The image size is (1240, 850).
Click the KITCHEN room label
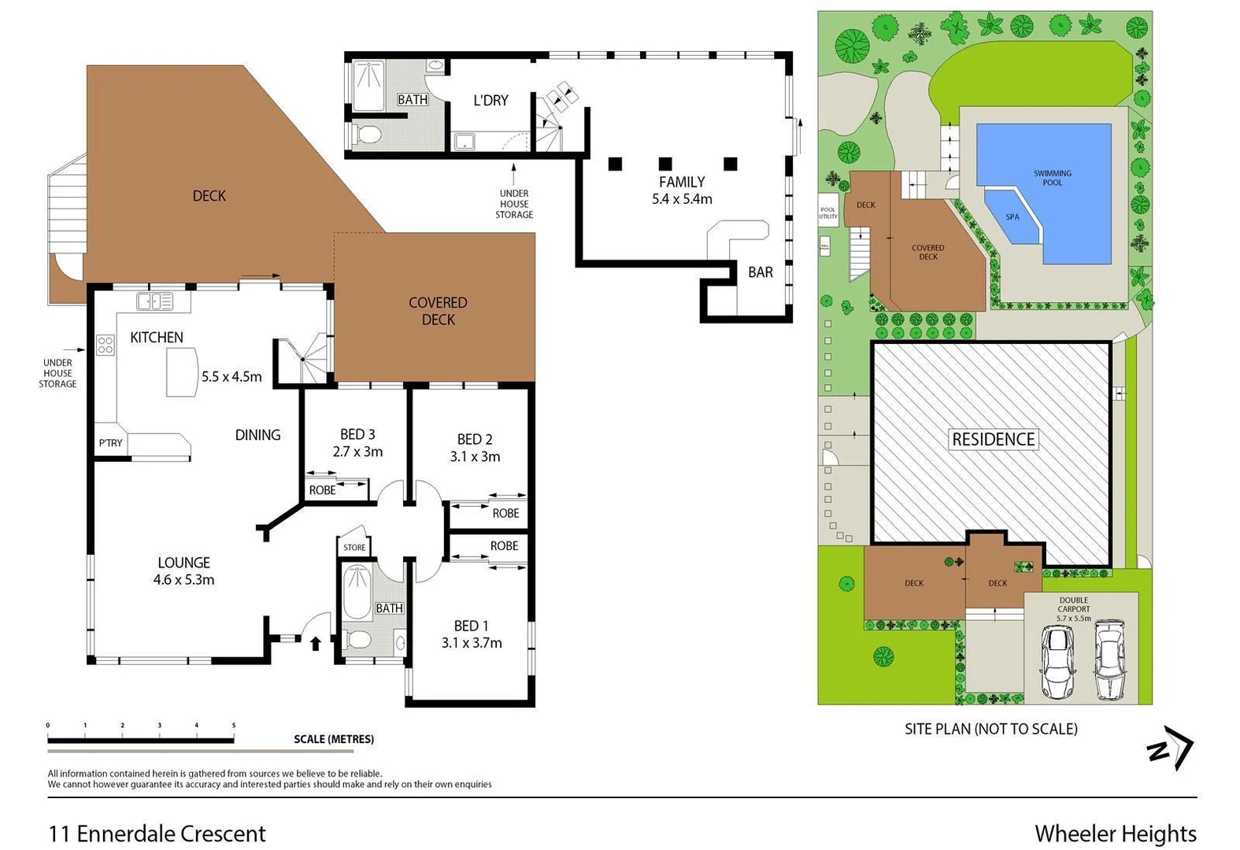point(156,338)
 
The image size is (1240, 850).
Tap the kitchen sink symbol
point(155,301)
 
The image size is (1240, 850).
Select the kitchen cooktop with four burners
point(105,345)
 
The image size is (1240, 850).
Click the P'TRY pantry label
point(110,443)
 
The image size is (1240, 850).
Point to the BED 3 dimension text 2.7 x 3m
point(357,452)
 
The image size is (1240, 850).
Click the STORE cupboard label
point(354,547)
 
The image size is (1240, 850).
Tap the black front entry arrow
point(315,643)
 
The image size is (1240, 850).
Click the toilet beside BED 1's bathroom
point(358,641)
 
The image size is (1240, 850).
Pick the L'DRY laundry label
point(490,101)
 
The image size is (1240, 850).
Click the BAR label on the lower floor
point(760,272)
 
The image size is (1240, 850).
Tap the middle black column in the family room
point(665,164)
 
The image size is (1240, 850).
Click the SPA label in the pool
point(1012,217)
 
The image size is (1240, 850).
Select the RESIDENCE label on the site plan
point(993,439)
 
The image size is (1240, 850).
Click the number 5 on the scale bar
point(234,726)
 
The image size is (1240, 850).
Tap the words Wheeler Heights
point(1115,833)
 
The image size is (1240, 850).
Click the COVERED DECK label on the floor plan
point(438,311)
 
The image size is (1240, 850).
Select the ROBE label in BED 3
point(322,490)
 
